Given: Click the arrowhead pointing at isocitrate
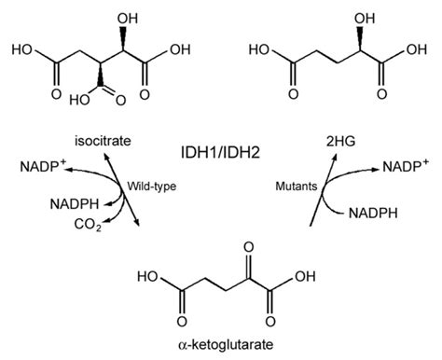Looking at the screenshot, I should click(x=108, y=156).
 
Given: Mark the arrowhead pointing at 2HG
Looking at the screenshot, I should click(x=333, y=156).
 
